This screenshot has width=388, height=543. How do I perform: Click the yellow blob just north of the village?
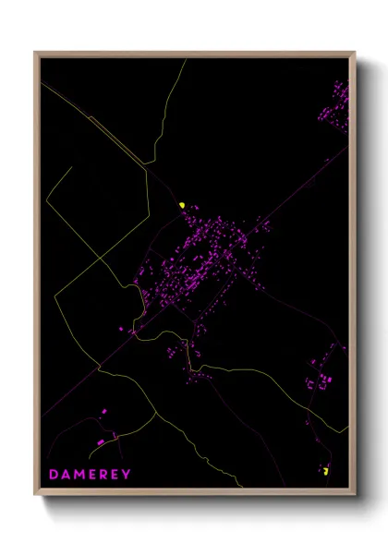click(x=183, y=205)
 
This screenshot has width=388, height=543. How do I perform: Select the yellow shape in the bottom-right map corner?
click(x=326, y=471)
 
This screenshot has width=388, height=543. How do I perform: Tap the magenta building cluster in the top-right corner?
click(x=334, y=106)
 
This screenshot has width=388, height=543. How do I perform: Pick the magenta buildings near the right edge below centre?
click(x=323, y=377)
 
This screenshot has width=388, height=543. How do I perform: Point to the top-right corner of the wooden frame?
click(x=354, y=54)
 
